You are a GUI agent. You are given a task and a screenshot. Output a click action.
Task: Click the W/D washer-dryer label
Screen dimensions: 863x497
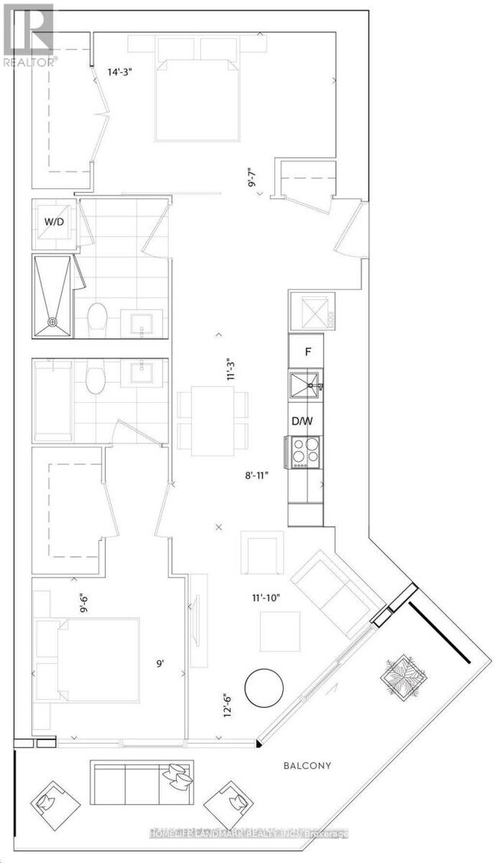coord(53,223)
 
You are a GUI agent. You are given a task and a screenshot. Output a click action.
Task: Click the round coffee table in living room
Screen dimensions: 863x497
coord(264,687)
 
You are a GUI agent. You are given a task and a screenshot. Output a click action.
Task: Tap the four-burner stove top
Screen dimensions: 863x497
coord(307,452)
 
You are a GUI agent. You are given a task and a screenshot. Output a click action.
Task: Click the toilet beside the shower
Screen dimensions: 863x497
coord(97,315)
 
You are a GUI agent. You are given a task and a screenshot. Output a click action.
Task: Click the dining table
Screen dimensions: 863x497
coord(213,420)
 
